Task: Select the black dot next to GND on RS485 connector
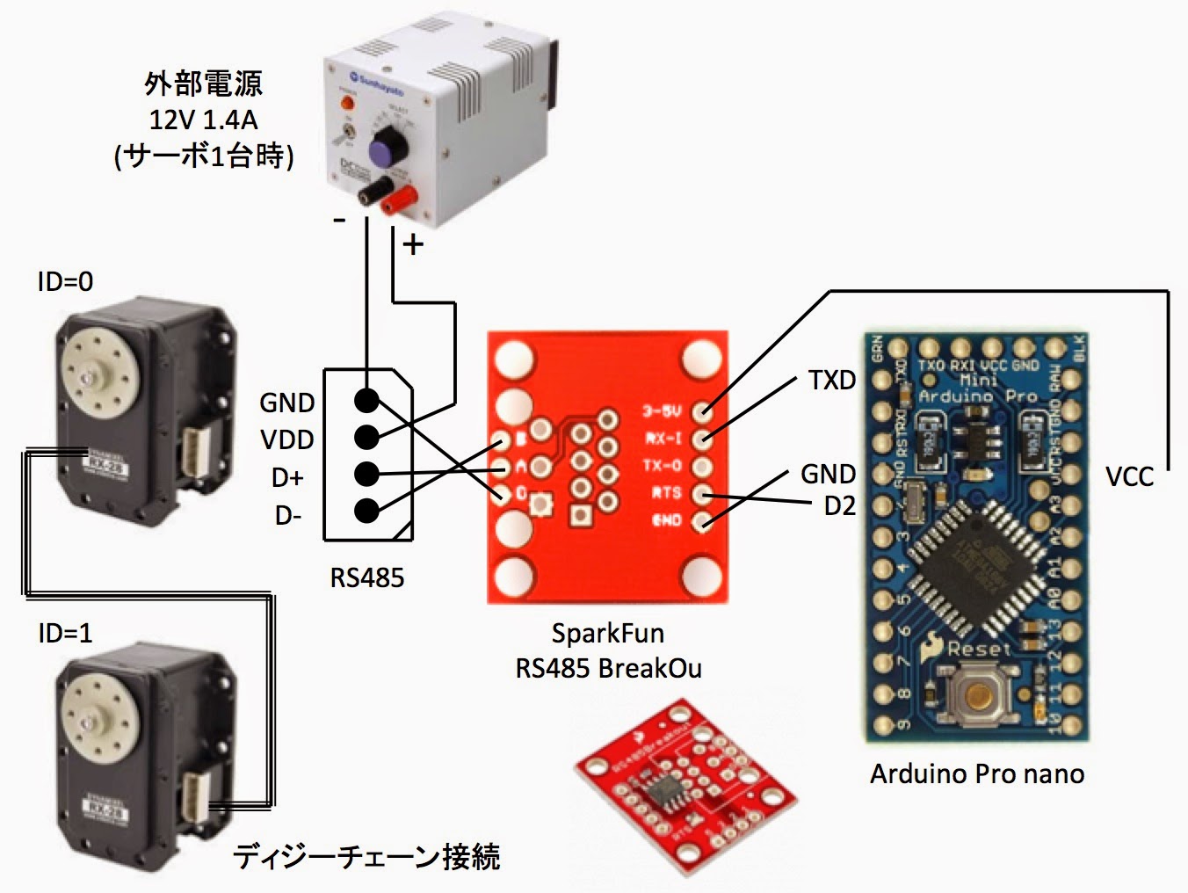pyautogui.click(x=366, y=401)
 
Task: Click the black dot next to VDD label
pyautogui.click(x=366, y=437)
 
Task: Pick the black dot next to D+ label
pyautogui.click(x=366, y=475)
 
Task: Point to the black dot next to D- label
pyautogui.click(x=366, y=511)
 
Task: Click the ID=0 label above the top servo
pyautogui.click(x=65, y=282)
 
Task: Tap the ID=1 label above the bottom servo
pyautogui.click(x=65, y=633)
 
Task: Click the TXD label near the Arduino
pyautogui.click(x=831, y=381)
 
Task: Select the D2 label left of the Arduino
pyautogui.click(x=839, y=507)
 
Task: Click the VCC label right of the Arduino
pyautogui.click(x=1128, y=477)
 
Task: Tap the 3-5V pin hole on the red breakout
pyautogui.click(x=702, y=410)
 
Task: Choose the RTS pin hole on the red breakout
pyautogui.click(x=702, y=494)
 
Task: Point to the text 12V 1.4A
pyautogui.click(x=203, y=120)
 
